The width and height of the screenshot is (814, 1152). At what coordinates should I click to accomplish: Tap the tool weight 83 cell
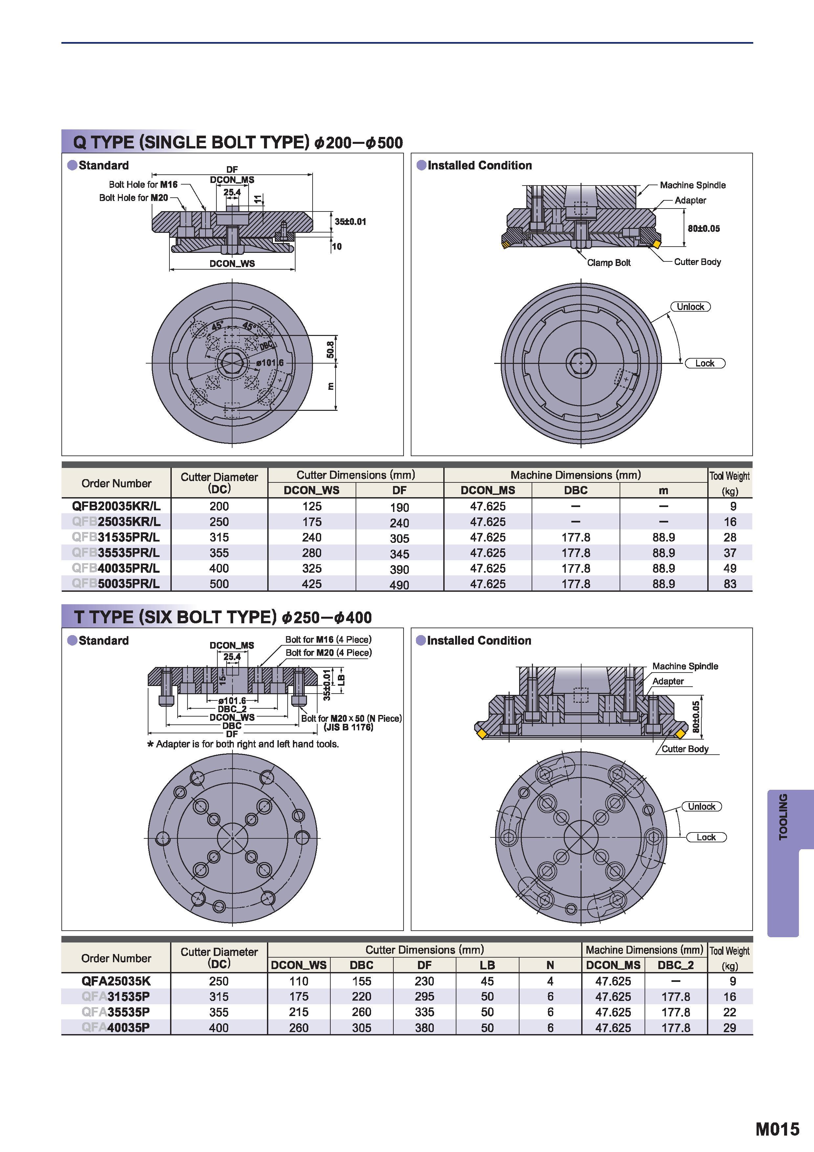coord(730,584)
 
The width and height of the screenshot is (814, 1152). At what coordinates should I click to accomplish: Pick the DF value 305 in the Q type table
coord(399,538)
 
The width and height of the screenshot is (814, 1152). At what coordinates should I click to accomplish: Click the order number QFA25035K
coord(116,981)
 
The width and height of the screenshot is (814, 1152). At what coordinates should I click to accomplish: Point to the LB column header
coord(487,965)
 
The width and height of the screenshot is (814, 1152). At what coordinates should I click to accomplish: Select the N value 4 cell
coord(550,981)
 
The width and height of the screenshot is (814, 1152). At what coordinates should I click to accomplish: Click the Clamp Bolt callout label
coord(609,262)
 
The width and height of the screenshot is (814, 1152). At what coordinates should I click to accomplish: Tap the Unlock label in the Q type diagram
coord(691,307)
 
